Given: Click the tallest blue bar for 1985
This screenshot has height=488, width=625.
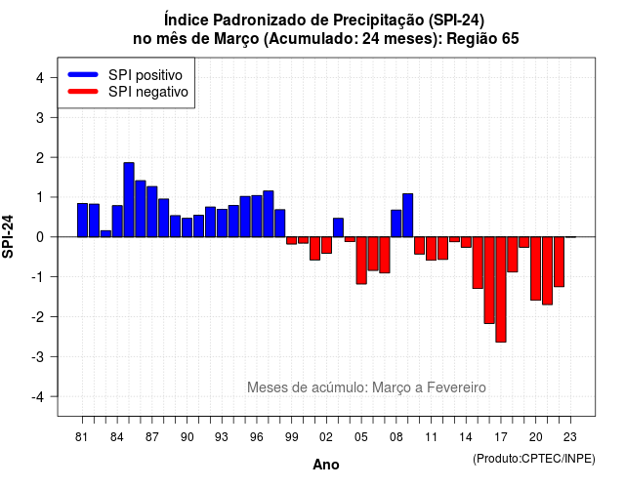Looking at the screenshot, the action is point(129,199).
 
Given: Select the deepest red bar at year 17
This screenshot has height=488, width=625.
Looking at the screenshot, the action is point(501,289).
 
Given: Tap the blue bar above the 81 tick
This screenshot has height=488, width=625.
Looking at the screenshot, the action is point(82,220).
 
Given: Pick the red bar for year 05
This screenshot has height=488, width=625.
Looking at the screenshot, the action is point(361,261).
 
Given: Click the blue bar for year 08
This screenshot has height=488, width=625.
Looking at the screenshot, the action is point(396,224).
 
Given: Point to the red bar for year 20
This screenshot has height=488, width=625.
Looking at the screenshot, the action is point(536,268).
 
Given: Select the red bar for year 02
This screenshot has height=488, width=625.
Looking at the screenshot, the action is point(326,245).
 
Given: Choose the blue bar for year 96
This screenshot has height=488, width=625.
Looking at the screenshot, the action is point(257,217).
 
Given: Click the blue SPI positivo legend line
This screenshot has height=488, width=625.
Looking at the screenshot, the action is point(83,74).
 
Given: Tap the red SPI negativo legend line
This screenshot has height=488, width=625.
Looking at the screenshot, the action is point(83,91).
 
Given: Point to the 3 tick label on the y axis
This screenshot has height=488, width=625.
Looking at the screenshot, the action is point(40,117).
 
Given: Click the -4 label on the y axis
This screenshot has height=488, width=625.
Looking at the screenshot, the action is point(38,397).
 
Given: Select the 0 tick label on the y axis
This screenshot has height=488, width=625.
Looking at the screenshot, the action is point(40,237).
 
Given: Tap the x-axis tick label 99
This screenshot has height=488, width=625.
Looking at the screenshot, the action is point(291,437).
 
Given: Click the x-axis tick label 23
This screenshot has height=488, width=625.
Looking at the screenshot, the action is point(570,437).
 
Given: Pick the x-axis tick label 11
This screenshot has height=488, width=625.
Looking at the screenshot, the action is point(431,437).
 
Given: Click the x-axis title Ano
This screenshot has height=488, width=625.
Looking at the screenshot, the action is point(326,465).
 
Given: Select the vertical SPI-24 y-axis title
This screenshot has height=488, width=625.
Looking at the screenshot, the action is point(8,236).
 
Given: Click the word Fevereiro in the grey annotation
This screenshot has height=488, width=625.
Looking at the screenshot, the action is point(456,387).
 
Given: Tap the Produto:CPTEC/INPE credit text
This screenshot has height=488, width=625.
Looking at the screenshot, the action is point(534,459).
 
